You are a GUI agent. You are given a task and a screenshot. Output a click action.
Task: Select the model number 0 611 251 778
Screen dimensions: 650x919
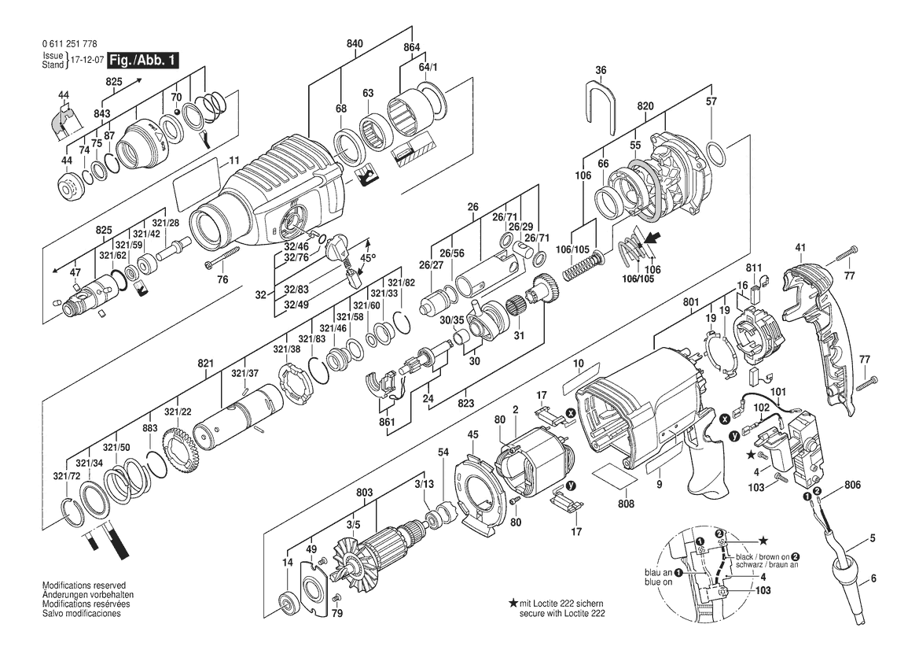(66, 46)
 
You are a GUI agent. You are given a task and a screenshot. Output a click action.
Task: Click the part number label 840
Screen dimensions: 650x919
(355, 45)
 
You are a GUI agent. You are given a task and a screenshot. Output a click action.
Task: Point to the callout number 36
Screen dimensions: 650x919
(601, 71)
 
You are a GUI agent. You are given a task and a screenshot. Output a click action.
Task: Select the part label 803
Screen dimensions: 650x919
(364, 493)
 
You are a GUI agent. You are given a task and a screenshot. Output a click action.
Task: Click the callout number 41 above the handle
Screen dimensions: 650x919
(800, 249)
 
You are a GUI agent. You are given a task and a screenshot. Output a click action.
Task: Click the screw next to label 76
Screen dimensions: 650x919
(222, 256)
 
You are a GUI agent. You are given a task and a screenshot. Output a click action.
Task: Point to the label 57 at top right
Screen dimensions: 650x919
(711, 102)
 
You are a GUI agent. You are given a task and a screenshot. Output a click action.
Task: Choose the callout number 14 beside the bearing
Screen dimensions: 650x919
(287, 563)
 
